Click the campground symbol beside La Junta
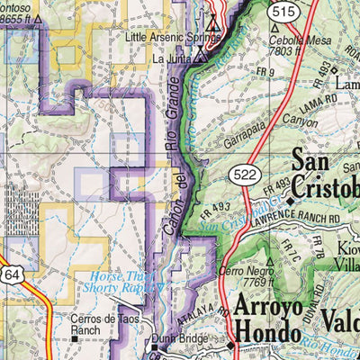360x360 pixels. click(x=201, y=57)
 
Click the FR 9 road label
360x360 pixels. click(x=264, y=71)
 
